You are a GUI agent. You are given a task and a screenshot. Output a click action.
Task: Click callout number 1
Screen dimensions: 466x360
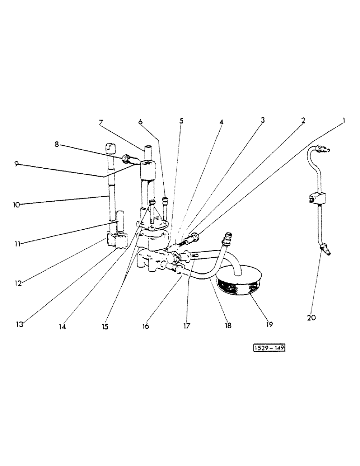point(343,121)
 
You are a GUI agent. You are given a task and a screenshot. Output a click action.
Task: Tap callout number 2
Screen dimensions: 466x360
point(303,121)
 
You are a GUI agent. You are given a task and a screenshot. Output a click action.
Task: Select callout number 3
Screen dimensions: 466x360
point(263,120)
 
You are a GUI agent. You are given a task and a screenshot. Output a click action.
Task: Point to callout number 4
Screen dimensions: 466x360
point(222,122)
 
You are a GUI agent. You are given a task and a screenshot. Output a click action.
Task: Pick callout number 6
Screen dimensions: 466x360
point(140,122)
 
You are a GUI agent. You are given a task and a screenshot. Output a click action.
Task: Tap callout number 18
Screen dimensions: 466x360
point(228,327)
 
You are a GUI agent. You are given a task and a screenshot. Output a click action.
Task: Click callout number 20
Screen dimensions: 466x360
point(312,318)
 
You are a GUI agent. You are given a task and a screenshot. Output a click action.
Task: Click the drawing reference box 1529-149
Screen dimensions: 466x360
point(269,348)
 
